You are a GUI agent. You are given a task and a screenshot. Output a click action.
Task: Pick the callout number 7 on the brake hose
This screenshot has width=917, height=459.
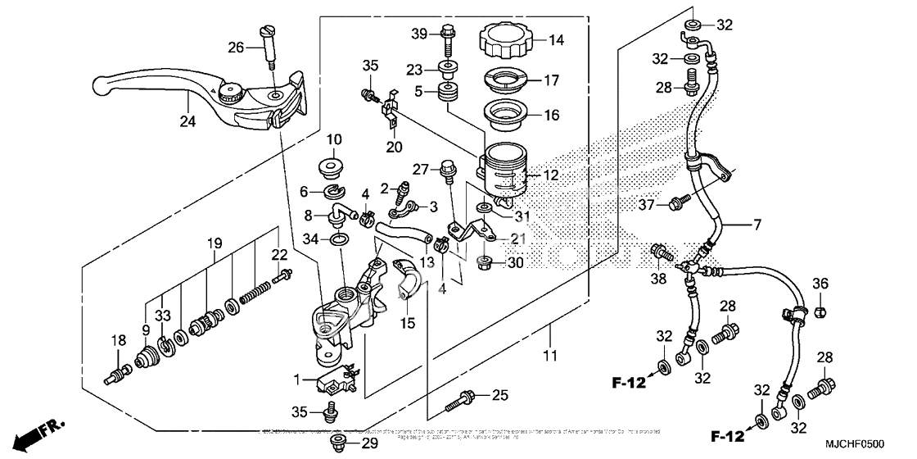pyautogui.click(x=757, y=223)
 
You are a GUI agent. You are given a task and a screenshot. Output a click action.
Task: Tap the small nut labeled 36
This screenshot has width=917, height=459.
pyautogui.click(x=821, y=311)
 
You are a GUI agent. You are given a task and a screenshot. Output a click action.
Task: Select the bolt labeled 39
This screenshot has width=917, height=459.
pyautogui.click(x=447, y=35)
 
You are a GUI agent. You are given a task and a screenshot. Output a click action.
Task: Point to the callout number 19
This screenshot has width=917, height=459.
pyautogui.click(x=215, y=243)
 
